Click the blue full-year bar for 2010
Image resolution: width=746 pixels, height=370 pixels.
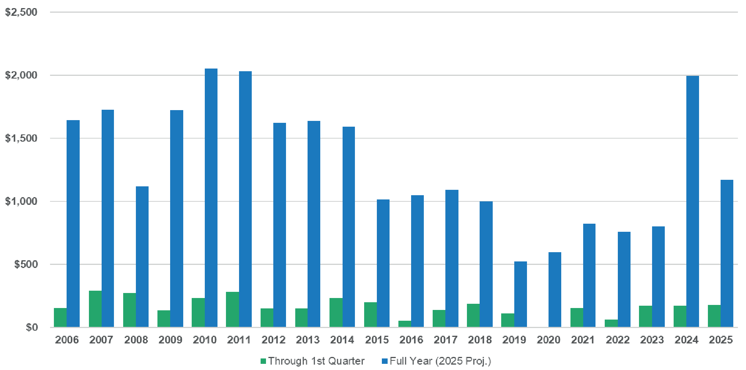tap(211, 198)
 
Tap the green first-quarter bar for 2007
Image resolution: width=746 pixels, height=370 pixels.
tap(95, 309)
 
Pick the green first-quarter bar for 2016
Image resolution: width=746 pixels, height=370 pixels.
tap(405, 324)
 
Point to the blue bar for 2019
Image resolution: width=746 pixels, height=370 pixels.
tap(520, 294)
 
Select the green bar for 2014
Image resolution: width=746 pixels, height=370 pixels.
tap(336, 312)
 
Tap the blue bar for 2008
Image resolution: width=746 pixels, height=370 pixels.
tap(142, 257)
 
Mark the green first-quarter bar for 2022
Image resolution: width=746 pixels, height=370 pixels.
tap(611, 323)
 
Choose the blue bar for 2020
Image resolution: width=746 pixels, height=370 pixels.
tap(555, 290)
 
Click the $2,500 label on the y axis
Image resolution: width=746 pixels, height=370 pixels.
tap(21, 12)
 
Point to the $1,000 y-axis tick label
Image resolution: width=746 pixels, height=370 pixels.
tap(21, 201)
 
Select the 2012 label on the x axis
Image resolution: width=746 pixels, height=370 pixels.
tap(273, 340)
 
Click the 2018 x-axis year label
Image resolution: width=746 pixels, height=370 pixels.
tap(480, 340)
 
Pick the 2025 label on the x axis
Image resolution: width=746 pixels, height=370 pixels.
tap(721, 340)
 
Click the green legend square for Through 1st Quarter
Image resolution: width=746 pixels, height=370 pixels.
tap(263, 361)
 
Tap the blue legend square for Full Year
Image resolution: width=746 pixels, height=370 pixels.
tap(385, 361)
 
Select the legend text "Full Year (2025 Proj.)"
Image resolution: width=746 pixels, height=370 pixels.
tap(440, 361)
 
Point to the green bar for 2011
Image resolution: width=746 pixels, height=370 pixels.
tap(232, 310)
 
